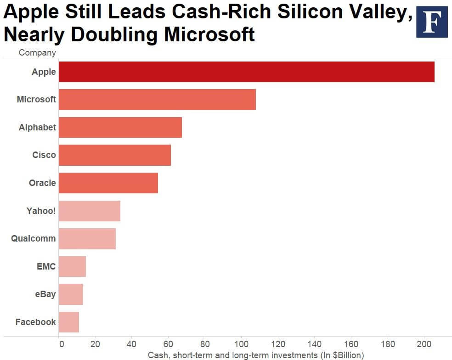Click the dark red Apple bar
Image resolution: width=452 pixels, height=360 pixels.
tap(246, 72)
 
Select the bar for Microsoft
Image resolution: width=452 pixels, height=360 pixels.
tap(157, 100)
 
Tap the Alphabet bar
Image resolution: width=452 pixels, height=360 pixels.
tap(120, 127)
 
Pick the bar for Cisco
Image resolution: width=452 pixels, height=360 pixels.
tap(115, 155)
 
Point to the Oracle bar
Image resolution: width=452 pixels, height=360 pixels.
tap(108, 183)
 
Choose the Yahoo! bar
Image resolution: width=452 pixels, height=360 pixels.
tap(90, 211)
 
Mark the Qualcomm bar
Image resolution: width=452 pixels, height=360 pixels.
tap(87, 239)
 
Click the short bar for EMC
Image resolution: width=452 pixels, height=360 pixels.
tap(72, 266)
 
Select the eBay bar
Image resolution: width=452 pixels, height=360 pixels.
tap(71, 294)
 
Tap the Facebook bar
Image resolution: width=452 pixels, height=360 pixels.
tap(69, 322)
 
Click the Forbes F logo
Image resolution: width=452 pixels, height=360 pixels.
tap(431, 22)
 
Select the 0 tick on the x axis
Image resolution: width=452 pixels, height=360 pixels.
tap(59, 343)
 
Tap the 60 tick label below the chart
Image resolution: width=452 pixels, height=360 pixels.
tap(168, 343)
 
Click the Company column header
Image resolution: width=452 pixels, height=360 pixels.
tap(37, 52)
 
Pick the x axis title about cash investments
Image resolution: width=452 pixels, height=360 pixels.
tap(255, 355)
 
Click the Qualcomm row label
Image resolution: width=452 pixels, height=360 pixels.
tap(34, 239)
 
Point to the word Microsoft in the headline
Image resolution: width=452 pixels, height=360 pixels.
tap(208, 34)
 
